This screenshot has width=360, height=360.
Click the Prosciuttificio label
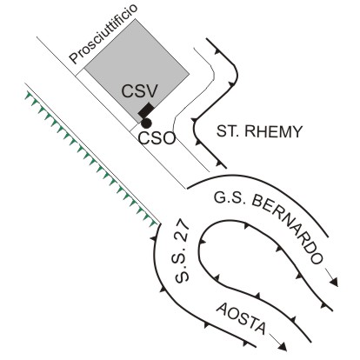103,34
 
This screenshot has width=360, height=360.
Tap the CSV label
139,90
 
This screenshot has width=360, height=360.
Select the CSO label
157,138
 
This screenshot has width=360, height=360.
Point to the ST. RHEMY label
259,131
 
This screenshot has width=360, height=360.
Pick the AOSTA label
241,318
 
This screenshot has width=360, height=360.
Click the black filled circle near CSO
146,123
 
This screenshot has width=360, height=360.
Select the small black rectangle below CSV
146,110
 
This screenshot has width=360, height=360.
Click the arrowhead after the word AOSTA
283,347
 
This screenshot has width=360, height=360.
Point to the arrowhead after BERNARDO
335,282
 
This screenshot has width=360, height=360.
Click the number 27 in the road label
183,231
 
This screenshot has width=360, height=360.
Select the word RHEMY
273,131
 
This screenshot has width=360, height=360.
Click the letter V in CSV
151,90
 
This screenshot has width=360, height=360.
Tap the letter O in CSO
169,138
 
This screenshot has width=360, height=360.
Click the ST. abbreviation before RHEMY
229,131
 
